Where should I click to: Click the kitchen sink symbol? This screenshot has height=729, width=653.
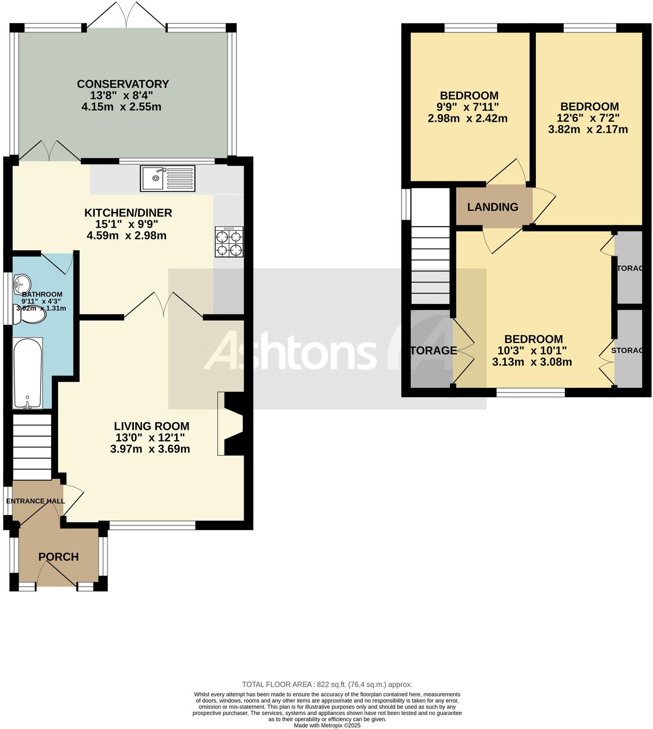(x=167, y=179)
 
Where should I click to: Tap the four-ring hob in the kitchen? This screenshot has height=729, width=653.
(x=229, y=242)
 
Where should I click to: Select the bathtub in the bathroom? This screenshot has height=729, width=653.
(x=27, y=373)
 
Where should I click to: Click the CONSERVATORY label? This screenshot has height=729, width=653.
(x=123, y=84)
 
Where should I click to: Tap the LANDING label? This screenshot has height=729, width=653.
(x=493, y=207)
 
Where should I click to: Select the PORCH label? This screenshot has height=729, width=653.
(x=59, y=557)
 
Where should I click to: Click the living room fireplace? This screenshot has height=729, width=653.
(x=231, y=424)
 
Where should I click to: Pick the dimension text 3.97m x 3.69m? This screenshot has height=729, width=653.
(x=150, y=449)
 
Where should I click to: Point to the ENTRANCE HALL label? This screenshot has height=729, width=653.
(x=35, y=501)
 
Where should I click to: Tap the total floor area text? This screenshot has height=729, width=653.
(x=327, y=684)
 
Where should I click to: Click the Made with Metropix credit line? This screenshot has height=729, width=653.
(x=327, y=725)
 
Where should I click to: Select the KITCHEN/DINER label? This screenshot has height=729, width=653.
(x=128, y=213)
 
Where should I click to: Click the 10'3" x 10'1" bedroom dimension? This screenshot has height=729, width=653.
(x=532, y=351)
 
